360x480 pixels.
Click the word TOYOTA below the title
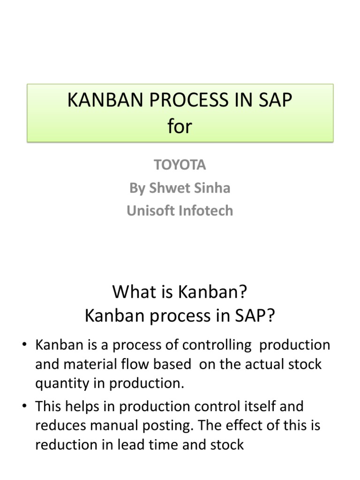click(x=180, y=165)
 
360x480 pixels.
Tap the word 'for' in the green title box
click(x=180, y=127)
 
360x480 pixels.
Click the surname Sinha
click(x=214, y=188)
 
